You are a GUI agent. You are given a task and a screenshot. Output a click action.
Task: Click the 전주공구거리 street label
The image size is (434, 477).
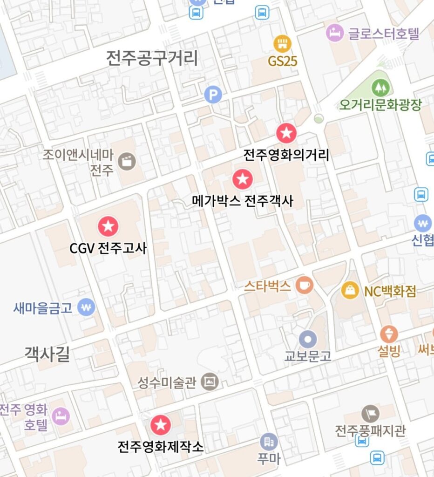point(152,58)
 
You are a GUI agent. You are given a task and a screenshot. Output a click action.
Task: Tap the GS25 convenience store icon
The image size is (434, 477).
point(282,44)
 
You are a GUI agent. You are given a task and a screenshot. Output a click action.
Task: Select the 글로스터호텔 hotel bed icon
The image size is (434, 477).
point(334,33)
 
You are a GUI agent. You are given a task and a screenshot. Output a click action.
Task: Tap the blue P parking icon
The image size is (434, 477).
point(213,95)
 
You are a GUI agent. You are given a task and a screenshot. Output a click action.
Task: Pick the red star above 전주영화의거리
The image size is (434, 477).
point(286,134)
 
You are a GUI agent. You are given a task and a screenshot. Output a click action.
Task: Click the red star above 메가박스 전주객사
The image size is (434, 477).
point(242,179)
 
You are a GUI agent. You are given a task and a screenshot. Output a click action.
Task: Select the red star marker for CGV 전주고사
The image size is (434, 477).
point(108,226)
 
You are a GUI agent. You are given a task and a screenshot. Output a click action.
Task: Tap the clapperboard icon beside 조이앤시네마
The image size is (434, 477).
point(127,161)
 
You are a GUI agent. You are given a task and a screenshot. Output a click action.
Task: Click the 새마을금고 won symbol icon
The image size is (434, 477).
point(86,307)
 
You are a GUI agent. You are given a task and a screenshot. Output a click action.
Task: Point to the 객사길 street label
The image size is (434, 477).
point(47,354)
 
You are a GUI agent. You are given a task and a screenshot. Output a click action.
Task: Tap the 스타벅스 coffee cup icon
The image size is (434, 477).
point(305,285)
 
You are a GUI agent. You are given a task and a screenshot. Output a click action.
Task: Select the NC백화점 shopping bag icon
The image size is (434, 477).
point(350,290)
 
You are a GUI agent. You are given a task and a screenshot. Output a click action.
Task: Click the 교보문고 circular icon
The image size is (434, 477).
point(308,339)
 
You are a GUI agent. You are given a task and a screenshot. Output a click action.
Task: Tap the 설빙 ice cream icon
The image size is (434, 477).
point(389,334)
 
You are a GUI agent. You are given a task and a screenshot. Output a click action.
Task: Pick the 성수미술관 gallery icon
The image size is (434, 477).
point(210,382)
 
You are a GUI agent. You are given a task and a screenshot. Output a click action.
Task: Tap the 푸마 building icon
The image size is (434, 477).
point(269,441)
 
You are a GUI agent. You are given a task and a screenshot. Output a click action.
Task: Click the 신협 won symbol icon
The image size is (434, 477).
point(422,223)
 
